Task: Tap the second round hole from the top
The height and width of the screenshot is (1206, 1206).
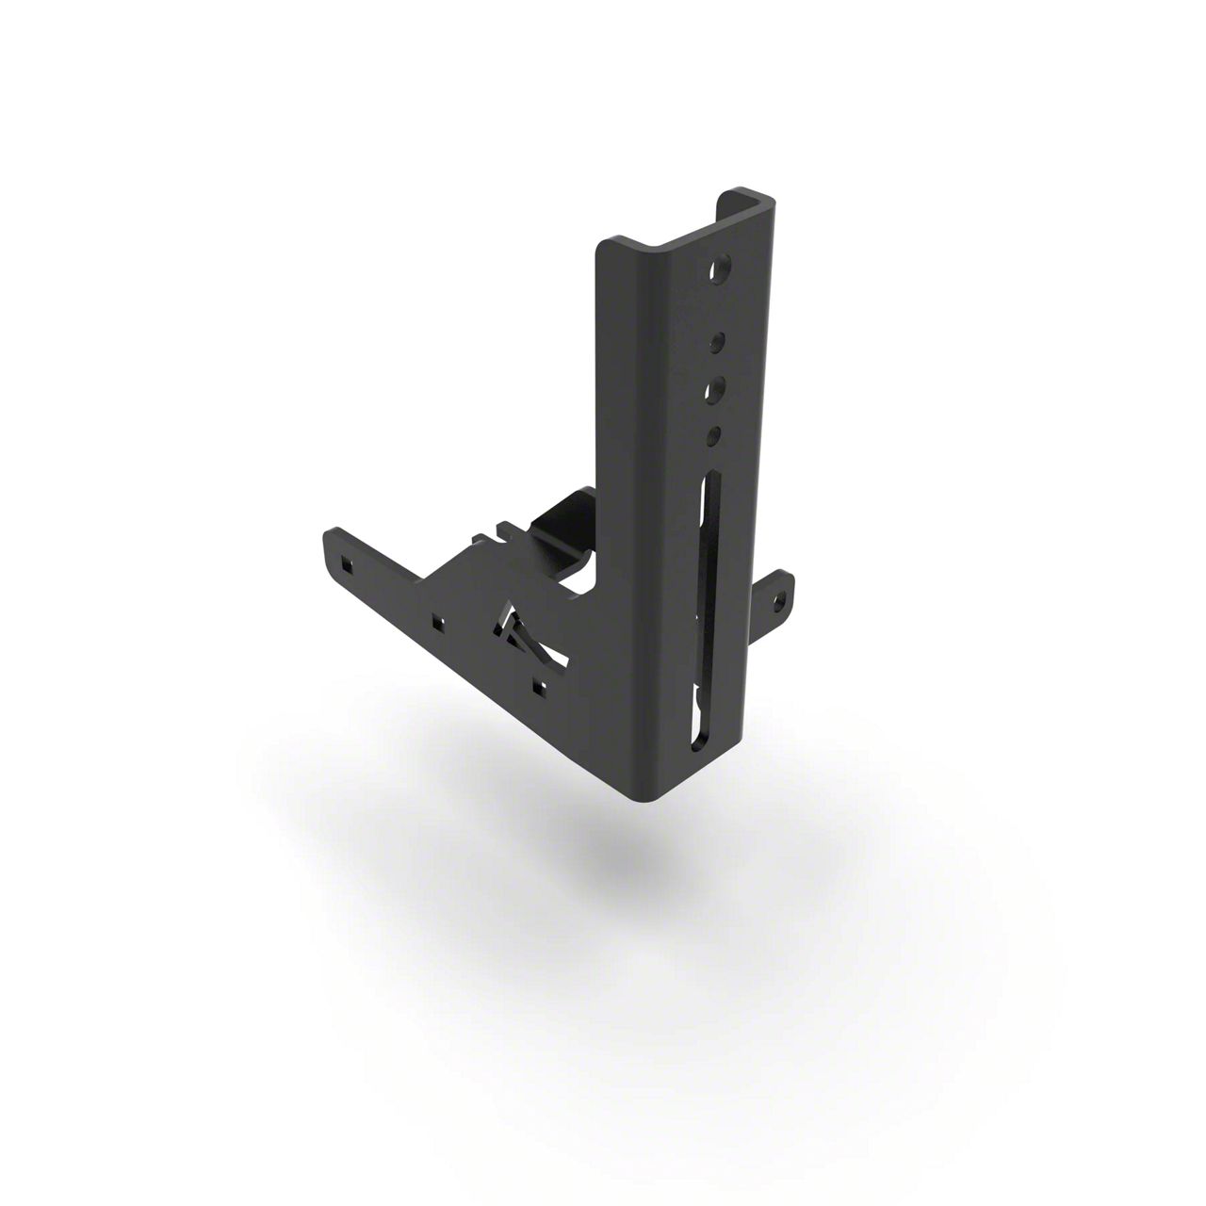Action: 718,341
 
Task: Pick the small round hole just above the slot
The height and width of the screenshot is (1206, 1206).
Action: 714,434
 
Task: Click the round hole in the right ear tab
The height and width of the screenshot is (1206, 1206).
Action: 778,597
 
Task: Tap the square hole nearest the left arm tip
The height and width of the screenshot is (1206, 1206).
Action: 347,564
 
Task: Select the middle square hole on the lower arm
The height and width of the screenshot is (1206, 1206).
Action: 437,622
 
